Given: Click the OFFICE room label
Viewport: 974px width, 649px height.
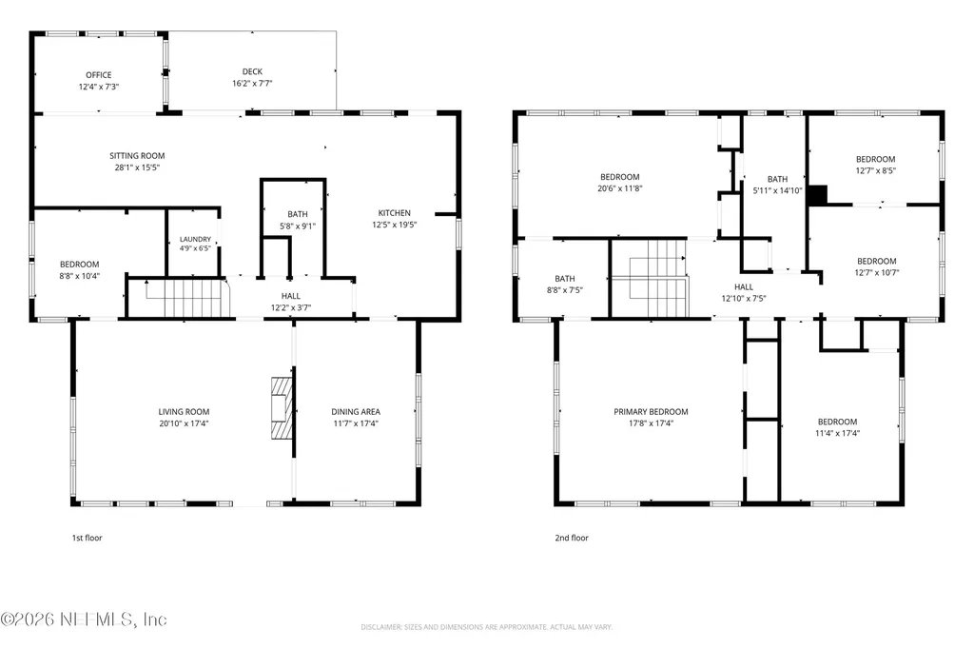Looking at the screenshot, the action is (x=99, y=74).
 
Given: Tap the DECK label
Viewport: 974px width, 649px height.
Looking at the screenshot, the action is (x=252, y=71).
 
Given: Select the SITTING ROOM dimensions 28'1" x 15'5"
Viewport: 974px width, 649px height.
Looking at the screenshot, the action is (x=137, y=167).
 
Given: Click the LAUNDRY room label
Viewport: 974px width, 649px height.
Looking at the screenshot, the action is (x=195, y=240).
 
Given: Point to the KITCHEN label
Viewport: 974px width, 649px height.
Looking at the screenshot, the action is (x=395, y=212).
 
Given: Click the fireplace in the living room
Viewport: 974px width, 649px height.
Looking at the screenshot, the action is (x=282, y=408).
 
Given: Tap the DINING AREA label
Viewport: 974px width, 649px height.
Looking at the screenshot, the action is (x=356, y=411).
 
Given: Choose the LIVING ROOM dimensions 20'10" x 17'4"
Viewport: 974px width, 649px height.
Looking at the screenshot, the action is (x=184, y=423).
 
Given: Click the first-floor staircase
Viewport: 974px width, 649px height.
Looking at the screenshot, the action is (x=187, y=299).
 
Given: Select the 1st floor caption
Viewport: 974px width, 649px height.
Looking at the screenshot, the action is (x=87, y=538).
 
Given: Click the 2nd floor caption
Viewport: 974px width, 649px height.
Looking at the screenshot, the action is (x=572, y=538).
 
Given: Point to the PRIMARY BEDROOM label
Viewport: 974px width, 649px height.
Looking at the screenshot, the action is (x=651, y=411).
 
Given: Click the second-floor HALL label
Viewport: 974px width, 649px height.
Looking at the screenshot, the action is (x=744, y=287).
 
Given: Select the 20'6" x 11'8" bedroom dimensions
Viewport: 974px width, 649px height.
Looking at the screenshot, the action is (x=620, y=188).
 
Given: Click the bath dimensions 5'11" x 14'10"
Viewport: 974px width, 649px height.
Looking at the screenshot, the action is (x=778, y=191).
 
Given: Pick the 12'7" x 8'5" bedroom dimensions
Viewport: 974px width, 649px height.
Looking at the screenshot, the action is (x=876, y=170).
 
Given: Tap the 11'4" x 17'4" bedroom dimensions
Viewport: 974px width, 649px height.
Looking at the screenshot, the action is (x=837, y=433).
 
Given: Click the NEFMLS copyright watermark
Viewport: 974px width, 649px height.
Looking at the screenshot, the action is (x=84, y=619).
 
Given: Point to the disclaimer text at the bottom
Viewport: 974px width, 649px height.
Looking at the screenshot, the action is (x=487, y=626).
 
